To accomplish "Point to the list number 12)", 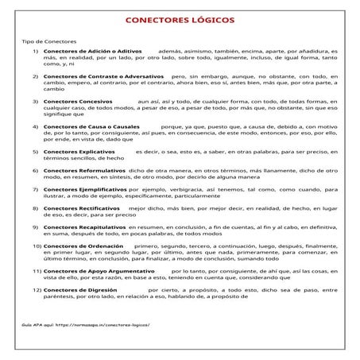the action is pos(36,290).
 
